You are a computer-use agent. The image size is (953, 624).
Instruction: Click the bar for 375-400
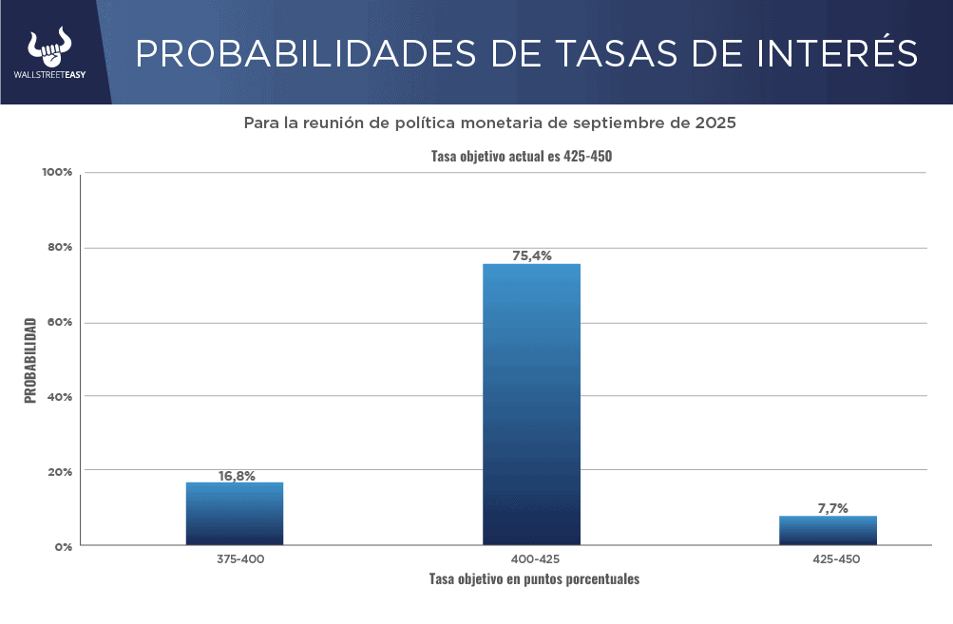[235, 513]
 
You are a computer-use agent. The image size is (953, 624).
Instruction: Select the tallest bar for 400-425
[531, 404]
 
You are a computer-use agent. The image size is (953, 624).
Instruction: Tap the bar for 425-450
[828, 530]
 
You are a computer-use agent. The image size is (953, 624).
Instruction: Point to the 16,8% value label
[237, 476]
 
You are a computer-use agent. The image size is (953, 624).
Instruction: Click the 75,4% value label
[532, 255]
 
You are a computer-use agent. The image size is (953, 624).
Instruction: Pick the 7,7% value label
[832, 508]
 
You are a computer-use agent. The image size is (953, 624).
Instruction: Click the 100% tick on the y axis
[56, 173]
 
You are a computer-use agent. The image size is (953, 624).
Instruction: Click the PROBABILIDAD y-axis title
[30, 360]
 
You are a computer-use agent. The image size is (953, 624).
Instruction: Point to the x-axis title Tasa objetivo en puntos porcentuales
[534, 578]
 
